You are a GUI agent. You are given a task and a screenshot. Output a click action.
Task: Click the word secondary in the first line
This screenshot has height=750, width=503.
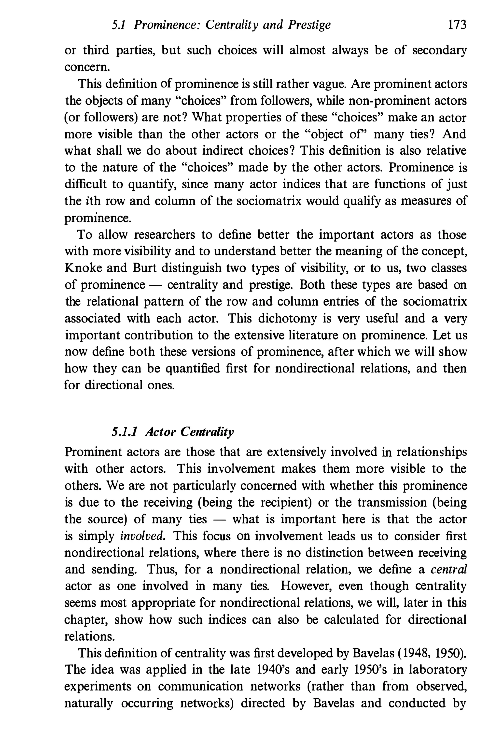(439, 51)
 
